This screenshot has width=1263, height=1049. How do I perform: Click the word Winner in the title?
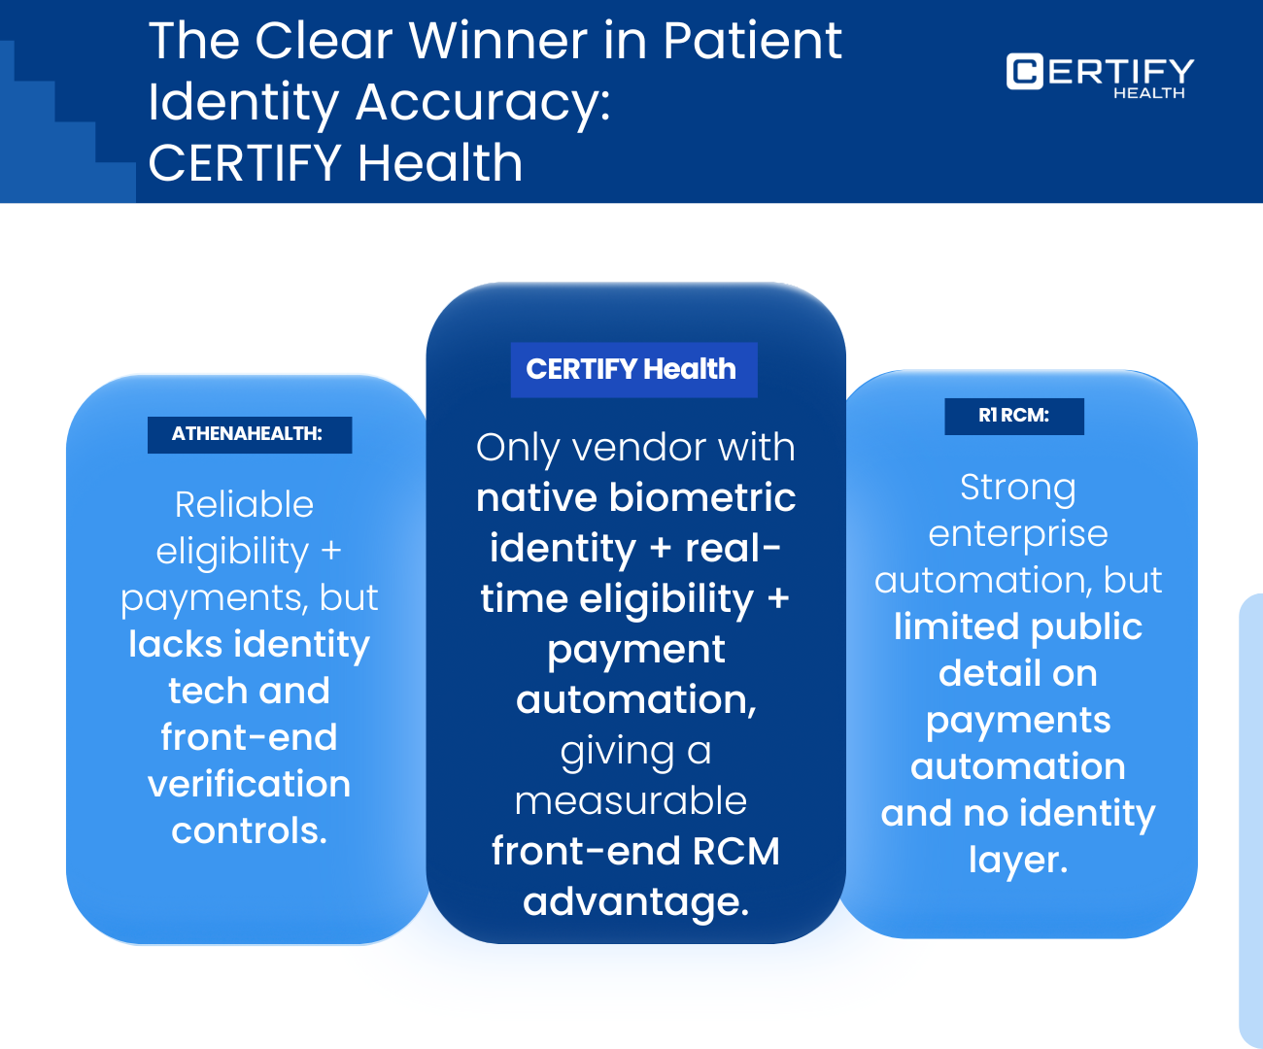click(x=497, y=41)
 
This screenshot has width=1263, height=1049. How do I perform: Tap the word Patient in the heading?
click(x=752, y=41)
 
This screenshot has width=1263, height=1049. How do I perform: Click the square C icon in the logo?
click(x=1024, y=72)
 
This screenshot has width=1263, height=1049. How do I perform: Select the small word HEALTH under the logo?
click(x=1148, y=93)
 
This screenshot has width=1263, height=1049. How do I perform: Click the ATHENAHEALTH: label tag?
click(x=248, y=434)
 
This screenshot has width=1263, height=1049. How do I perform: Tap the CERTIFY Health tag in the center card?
click(x=632, y=369)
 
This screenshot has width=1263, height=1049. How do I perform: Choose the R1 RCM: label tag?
click(x=1013, y=416)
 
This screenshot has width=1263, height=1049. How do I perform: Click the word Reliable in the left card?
click(x=244, y=504)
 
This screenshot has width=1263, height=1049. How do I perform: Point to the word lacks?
click(x=175, y=644)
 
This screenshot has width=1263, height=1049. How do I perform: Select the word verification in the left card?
click(x=249, y=784)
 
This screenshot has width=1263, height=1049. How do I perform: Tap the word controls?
click(x=249, y=830)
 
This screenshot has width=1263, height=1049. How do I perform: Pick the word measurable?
click(x=631, y=800)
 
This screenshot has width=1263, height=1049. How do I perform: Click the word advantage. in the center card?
click(x=635, y=901)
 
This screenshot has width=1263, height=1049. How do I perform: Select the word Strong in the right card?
click(x=1017, y=487)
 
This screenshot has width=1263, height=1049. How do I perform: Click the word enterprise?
click(x=1017, y=533)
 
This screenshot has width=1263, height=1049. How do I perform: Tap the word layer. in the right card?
click(x=1017, y=860)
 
